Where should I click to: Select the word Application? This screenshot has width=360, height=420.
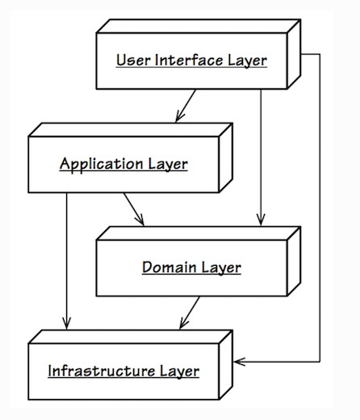tap(101, 164)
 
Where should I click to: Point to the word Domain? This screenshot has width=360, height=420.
tap(170, 267)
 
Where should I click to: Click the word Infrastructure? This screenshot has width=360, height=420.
tap(102, 371)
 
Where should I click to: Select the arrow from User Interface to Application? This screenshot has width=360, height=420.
tap(186, 106)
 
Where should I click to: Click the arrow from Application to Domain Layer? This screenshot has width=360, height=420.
tap(134, 209)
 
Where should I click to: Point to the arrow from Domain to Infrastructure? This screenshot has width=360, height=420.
tap(190, 313)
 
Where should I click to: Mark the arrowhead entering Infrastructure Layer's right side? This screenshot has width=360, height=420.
tap(239, 362)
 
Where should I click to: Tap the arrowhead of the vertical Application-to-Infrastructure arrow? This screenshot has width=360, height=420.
tap(66, 323)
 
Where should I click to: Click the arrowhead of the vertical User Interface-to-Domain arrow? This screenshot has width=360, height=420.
tap(261, 220)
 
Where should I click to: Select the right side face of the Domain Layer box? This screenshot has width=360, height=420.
tap(294, 261)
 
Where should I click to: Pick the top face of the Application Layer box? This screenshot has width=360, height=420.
tap(131, 130)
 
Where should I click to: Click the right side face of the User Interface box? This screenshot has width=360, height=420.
tap(294, 54)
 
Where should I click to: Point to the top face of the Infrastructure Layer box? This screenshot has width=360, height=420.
tap(131, 337)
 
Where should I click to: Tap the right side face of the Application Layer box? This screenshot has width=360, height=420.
tap(226, 157)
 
